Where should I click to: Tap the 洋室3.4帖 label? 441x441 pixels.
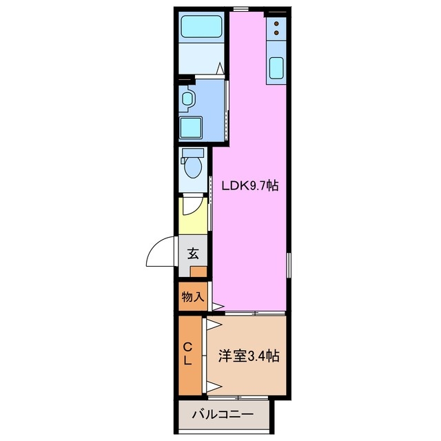point(249,356)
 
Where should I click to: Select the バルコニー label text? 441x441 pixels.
point(222,416)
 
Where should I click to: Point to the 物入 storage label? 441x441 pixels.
point(192,297)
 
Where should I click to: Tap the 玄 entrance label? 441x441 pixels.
point(194,253)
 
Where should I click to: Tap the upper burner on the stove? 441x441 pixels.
point(277,23)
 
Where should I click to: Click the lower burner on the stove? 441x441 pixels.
point(277,32)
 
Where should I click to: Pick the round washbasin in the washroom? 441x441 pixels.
point(186,99)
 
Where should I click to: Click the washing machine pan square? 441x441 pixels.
point(191,127)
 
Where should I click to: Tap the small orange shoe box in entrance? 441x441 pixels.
point(198,271)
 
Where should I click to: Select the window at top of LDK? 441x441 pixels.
point(240,8)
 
